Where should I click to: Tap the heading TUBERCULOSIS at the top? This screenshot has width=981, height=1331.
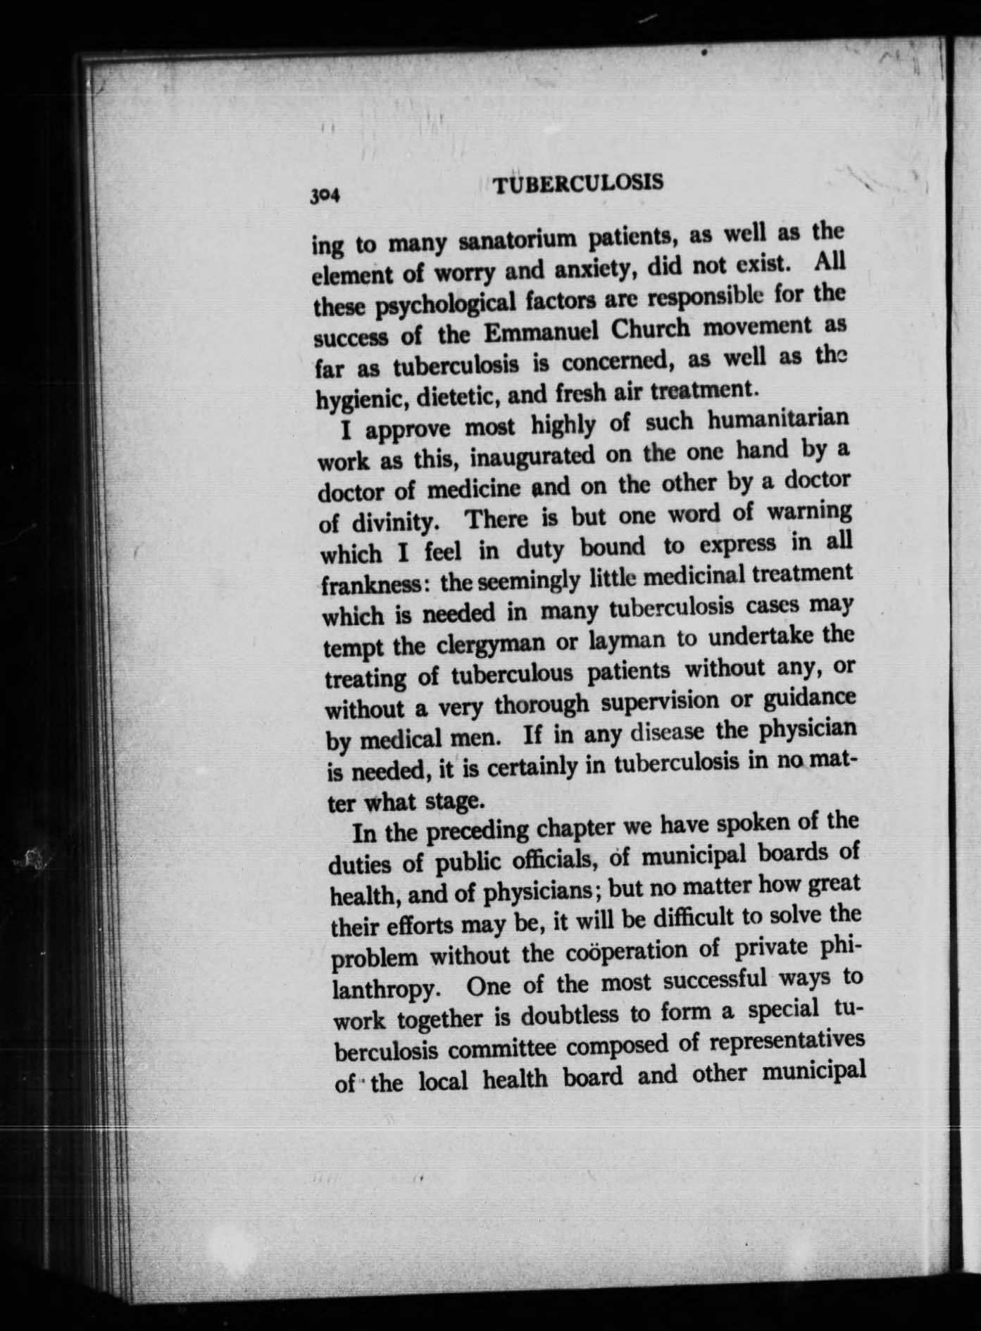coord(578,184)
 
